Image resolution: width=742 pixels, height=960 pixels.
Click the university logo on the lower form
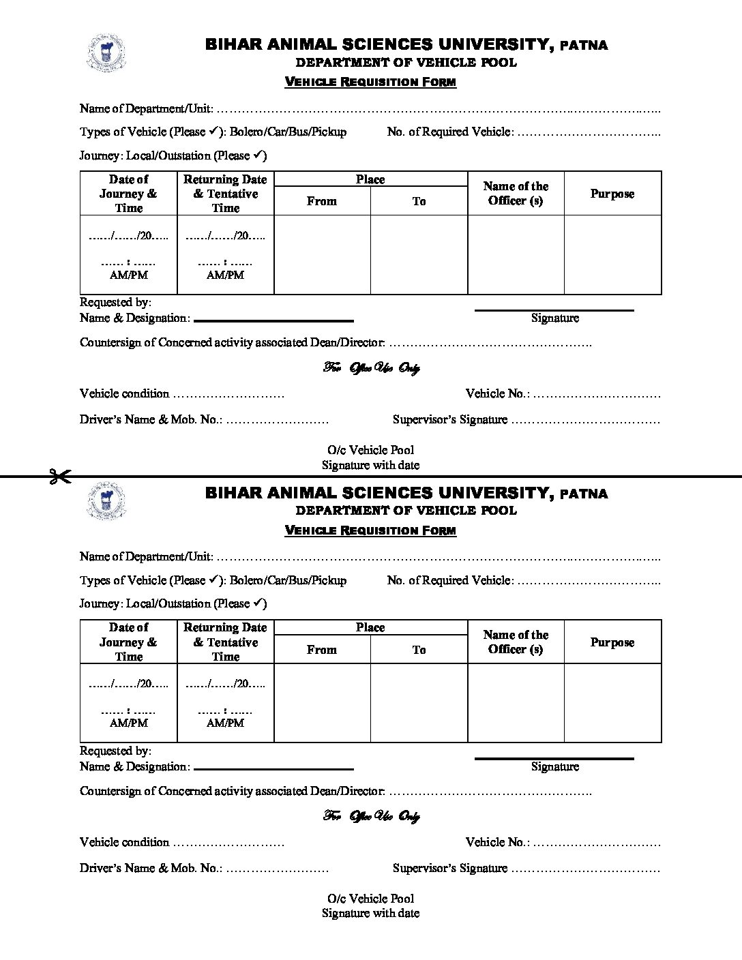click(106, 502)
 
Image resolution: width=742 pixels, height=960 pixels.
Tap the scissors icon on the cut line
click(60, 477)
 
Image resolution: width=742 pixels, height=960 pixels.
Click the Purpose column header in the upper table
click(612, 194)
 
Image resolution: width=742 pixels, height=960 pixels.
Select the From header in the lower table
click(321, 650)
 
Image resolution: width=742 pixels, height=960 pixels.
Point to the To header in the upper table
click(419, 201)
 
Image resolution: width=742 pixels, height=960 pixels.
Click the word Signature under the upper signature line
click(554, 318)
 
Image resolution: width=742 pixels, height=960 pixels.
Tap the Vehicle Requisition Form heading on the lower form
click(370, 530)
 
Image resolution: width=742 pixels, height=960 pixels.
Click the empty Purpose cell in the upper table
click(612, 254)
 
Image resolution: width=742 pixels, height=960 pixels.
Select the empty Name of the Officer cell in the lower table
click(516, 702)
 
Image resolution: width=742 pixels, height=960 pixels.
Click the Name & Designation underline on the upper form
click(273, 320)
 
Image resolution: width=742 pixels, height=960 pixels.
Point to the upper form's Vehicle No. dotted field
click(597, 394)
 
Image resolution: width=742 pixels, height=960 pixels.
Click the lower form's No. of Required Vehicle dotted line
click(589, 581)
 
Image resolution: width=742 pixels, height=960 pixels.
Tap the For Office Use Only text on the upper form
click(371, 368)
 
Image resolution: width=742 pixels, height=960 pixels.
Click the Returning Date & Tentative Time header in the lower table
click(225, 642)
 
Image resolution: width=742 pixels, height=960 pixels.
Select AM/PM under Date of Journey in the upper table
click(129, 275)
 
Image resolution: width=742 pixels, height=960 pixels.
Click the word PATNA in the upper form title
click(583, 46)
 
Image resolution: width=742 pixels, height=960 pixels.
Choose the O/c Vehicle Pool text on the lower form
click(370, 899)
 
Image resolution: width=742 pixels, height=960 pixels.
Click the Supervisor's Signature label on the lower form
click(449, 868)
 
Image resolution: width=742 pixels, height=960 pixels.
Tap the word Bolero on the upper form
click(248, 132)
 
